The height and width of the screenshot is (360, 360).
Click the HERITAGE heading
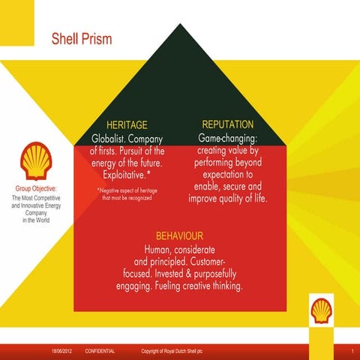pos(127,124)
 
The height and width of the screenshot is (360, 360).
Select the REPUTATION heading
pos(228,124)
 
